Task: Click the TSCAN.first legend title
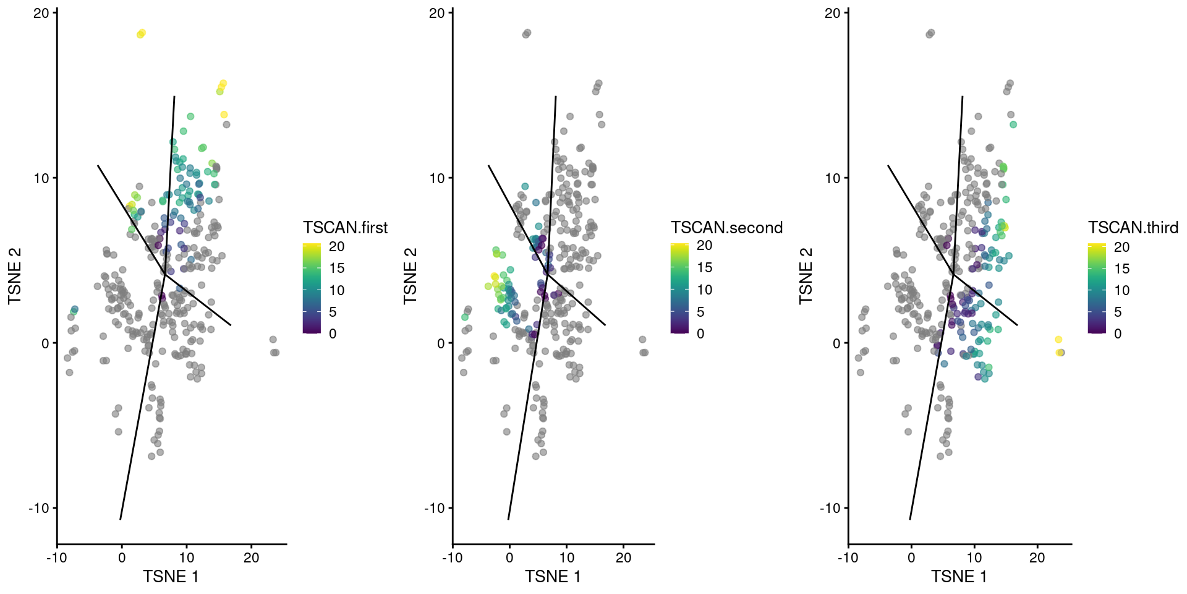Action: pyautogui.click(x=345, y=228)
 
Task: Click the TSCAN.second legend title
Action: pyautogui.click(x=726, y=228)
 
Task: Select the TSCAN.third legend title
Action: pyautogui.click(x=1133, y=228)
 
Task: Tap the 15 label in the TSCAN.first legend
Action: pyautogui.click(x=337, y=269)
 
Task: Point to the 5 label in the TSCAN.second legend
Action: pyautogui.click(x=700, y=312)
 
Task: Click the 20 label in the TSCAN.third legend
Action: pyautogui.click(x=1121, y=247)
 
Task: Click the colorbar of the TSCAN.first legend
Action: pyautogui.click(x=312, y=289)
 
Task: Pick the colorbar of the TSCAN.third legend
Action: pyautogui.click(x=1097, y=289)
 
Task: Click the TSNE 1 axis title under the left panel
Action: pyautogui.click(x=171, y=577)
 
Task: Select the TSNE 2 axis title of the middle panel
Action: pyautogui.click(x=411, y=276)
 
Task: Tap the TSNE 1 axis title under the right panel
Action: pyautogui.click(x=959, y=577)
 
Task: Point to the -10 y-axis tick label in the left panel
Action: pyautogui.click(x=40, y=509)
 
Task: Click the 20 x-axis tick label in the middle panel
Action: pyautogui.click(x=623, y=557)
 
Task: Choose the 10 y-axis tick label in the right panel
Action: pyautogui.click(x=832, y=178)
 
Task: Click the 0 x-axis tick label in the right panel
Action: pyautogui.click(x=911, y=557)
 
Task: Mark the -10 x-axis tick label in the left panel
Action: pyautogui.click(x=57, y=557)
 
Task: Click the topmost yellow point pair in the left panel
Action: pyautogui.click(x=141, y=33)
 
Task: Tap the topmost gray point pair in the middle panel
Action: pyautogui.click(x=526, y=33)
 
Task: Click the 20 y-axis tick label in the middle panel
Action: pyautogui.click(x=436, y=13)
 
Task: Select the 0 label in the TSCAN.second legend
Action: pyautogui.click(x=700, y=334)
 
